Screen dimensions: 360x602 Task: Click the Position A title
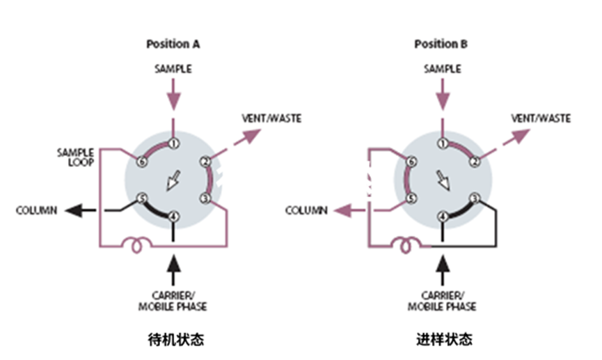(173, 44)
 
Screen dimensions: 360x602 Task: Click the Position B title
(441, 44)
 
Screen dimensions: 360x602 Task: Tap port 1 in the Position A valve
(173, 143)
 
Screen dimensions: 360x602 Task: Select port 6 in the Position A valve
(143, 162)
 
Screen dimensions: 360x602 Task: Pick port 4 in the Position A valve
(173, 216)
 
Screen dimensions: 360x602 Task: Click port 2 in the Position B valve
(474, 162)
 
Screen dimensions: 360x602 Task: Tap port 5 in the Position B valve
(411, 198)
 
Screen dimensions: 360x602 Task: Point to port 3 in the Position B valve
(474, 198)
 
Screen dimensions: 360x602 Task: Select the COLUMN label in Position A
(37, 210)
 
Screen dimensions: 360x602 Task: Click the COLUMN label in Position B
(306, 210)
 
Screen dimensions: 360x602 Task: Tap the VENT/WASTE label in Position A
(271, 118)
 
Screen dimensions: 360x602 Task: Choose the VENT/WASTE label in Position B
(541, 118)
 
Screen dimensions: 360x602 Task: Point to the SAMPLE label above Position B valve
(442, 68)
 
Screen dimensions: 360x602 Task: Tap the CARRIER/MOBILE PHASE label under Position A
(175, 302)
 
